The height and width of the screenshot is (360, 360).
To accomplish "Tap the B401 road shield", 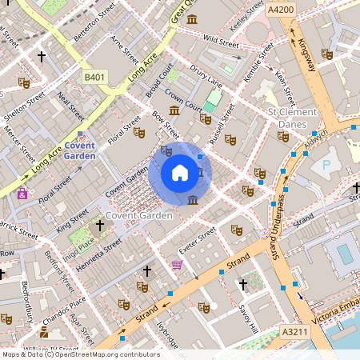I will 94,77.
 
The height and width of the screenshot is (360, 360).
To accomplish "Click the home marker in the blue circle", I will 180,173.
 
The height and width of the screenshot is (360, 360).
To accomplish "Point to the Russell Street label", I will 222,126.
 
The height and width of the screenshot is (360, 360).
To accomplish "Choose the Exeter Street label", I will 197,238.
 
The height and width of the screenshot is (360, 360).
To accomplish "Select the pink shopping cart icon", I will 177,265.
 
